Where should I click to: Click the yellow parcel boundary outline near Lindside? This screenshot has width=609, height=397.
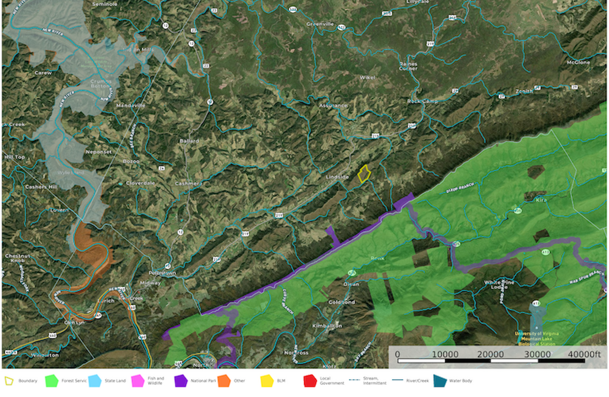364,174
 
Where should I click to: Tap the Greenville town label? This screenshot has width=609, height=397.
320,24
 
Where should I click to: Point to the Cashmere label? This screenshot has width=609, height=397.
189,184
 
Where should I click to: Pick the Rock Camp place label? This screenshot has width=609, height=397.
422,101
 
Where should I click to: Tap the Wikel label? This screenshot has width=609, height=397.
367,78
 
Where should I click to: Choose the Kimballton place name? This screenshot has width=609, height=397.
327,326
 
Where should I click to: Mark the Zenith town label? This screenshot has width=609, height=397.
524,92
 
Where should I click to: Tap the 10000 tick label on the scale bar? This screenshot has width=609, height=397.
445,354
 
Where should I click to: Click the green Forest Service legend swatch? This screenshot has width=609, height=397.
52,381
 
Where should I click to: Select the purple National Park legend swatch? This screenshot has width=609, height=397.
180,381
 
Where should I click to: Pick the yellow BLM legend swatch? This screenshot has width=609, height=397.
267,381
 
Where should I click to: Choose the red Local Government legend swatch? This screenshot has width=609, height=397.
310,381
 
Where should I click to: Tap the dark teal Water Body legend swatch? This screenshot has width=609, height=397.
439,381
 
